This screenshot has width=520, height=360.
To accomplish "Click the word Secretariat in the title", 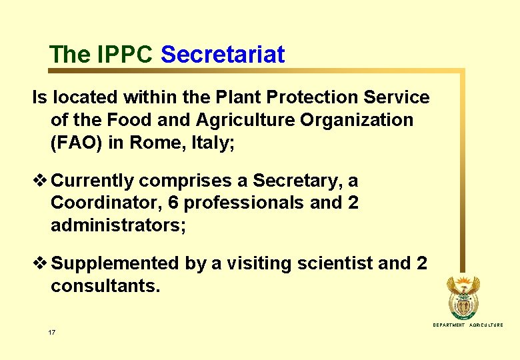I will click(223, 55).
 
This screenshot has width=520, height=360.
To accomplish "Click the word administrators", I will click(118, 225).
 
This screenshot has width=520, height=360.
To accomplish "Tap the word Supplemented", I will click(115, 264).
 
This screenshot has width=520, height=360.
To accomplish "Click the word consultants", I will click(105, 287).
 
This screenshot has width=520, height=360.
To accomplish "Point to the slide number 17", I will click(52, 331).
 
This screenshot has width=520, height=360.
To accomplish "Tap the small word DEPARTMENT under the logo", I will click(449, 325).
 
